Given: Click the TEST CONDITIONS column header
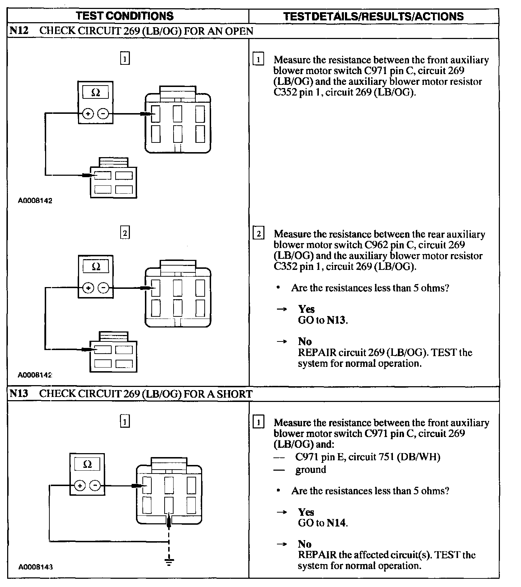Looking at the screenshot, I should coord(125,16).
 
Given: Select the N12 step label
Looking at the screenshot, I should coord(19,31).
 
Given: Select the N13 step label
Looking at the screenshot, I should coord(19,394).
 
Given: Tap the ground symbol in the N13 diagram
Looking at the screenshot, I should coord(169,561).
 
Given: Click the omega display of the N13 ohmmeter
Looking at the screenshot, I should coord(87,465).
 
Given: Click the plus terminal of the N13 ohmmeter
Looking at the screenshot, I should coord(80,486).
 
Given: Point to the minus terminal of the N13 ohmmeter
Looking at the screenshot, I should coord(95,486).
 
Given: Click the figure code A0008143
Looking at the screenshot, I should coord(35,567).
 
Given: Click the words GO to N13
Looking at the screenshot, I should coord(322,320).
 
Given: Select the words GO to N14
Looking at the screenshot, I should coord(322,523).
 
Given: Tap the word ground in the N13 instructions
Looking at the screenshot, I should coord(311,470).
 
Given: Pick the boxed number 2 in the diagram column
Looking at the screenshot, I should coord(125,233).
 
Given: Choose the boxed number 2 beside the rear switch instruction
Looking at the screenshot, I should coord(258,234).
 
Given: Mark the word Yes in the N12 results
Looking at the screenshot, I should coord(306,309).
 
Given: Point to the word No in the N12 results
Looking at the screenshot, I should coord(305,341).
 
